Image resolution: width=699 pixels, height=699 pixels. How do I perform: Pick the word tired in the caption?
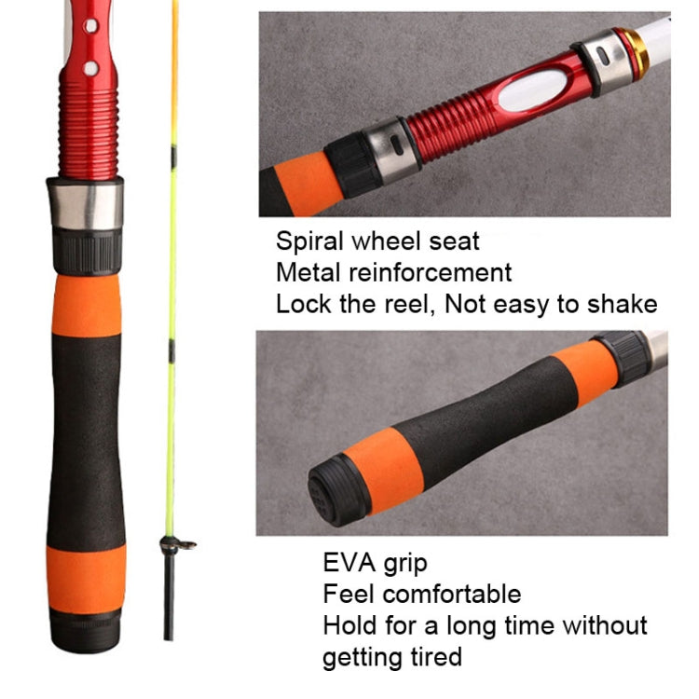[432, 656]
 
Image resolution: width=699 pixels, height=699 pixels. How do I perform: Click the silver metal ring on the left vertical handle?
[86, 203]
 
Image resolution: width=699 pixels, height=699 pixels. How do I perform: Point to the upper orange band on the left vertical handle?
[87, 305]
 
